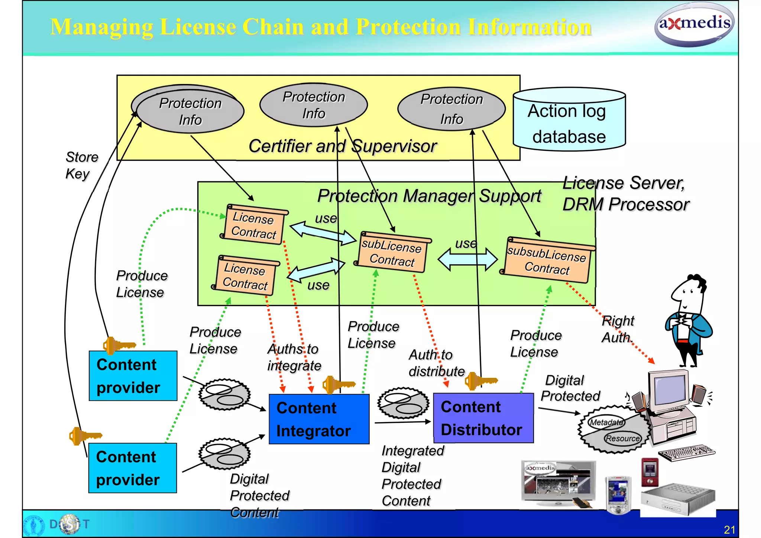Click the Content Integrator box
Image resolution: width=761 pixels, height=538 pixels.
point(319,419)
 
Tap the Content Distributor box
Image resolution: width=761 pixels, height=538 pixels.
point(483,418)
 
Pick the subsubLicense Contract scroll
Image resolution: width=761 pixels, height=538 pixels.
point(547,260)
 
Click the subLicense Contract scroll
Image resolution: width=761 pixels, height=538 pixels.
point(392,252)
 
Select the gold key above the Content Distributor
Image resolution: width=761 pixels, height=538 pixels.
point(480,381)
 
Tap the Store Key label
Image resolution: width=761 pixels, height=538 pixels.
point(81,165)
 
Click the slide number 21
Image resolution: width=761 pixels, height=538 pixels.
point(729,529)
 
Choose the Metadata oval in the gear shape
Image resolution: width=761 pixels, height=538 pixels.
point(606,422)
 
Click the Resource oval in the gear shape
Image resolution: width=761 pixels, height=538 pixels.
point(622,438)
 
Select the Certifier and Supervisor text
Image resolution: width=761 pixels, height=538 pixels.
point(342,146)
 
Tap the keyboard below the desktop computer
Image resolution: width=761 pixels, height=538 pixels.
point(687,453)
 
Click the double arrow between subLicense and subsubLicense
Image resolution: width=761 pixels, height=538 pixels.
point(467,259)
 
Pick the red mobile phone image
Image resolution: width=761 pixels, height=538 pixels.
point(650,472)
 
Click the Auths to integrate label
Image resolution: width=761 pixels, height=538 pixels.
point(294,357)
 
